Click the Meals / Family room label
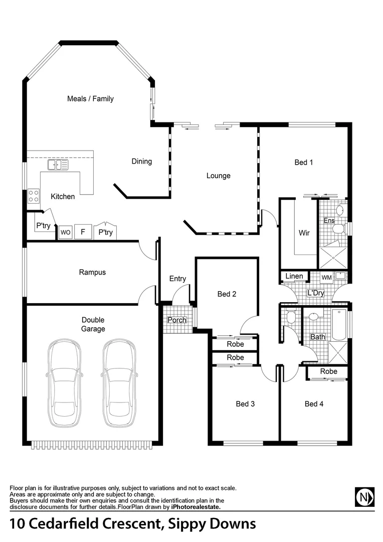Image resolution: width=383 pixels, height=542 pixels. tap(90, 99)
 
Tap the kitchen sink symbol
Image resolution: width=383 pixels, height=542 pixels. tap(58, 164)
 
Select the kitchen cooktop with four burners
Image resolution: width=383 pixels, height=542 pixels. tap(34, 196)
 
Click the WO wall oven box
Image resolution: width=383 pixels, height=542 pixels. tap(65, 233)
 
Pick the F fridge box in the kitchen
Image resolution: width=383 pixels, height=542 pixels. tap(83, 233)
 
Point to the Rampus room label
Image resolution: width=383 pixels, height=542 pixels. tap(92, 273)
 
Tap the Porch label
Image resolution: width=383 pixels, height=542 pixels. tap(176, 320)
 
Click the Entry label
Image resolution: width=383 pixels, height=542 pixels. tap(177, 279)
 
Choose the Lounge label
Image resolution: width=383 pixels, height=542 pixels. tap(219, 176)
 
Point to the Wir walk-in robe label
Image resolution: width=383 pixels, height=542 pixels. tap(304, 233)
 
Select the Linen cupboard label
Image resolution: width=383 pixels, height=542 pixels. tap(294, 277)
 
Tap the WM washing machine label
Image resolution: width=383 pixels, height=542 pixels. tap(326, 277)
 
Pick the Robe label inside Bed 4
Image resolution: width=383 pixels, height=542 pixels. tap(328, 371)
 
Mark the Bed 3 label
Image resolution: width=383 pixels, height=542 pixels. tap(245, 403)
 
